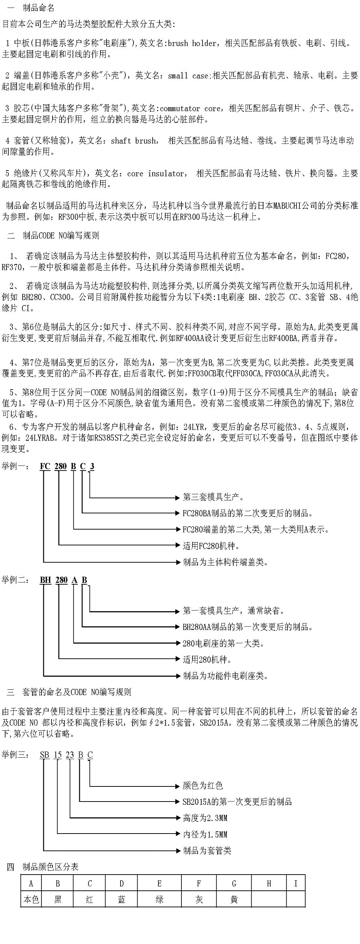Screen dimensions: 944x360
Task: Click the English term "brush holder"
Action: (x=192, y=44)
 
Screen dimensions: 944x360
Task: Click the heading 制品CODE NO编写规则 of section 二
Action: (x=61, y=236)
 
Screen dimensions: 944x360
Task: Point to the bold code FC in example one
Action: (x=45, y=467)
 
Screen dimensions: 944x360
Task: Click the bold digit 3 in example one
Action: (x=92, y=467)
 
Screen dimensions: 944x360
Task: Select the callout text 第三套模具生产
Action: (x=213, y=497)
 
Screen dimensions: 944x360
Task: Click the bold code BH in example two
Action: (x=45, y=580)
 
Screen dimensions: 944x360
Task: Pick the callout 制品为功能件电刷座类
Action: (x=225, y=676)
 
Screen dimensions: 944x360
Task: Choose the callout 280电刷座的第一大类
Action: (x=223, y=643)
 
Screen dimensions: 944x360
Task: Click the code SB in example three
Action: (x=45, y=755)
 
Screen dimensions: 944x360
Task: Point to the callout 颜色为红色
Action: (x=203, y=786)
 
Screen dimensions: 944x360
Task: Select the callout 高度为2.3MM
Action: (x=205, y=818)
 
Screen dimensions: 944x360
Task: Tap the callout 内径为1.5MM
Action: (x=205, y=834)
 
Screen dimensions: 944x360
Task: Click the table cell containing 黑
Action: (x=58, y=899)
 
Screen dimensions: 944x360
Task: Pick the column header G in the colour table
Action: (x=234, y=884)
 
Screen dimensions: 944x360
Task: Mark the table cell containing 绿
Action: (x=159, y=899)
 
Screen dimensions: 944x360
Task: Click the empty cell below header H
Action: (x=269, y=899)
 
